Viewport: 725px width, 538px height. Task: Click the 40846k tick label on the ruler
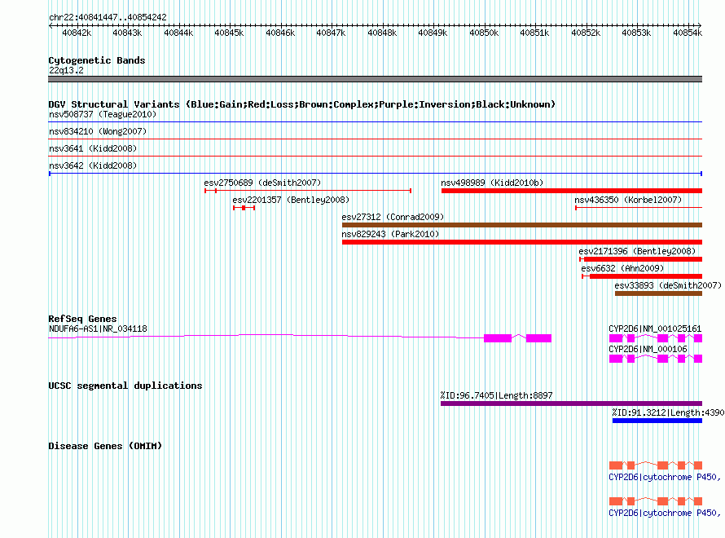(x=280, y=33)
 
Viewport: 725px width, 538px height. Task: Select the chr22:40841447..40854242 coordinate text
(x=108, y=17)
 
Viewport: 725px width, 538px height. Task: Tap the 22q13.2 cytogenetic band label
(x=66, y=70)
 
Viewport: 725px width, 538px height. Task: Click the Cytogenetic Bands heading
(x=97, y=60)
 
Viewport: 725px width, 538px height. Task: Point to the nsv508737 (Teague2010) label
(x=103, y=114)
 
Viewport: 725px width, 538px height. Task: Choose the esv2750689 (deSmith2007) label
(x=262, y=183)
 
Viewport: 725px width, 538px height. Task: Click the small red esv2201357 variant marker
(x=244, y=208)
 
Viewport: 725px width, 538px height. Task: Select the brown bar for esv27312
(x=522, y=225)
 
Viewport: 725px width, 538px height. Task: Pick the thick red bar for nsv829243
(x=522, y=242)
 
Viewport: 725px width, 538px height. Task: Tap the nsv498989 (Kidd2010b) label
(x=492, y=183)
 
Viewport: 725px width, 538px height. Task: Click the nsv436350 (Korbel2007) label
(x=628, y=200)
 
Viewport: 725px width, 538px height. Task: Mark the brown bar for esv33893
(x=658, y=293)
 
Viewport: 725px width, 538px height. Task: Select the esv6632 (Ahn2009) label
(x=622, y=268)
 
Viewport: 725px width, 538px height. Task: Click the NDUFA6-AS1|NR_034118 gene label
(x=98, y=329)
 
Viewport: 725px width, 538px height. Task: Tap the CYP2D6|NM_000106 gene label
(x=648, y=349)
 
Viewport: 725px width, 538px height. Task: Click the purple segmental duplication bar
(x=572, y=403)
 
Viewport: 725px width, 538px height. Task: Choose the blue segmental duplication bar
(x=657, y=421)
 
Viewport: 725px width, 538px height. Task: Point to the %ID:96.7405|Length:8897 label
(x=497, y=395)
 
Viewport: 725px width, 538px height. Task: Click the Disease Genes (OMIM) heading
(x=105, y=446)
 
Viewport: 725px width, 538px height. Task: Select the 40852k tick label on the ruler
(x=586, y=33)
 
